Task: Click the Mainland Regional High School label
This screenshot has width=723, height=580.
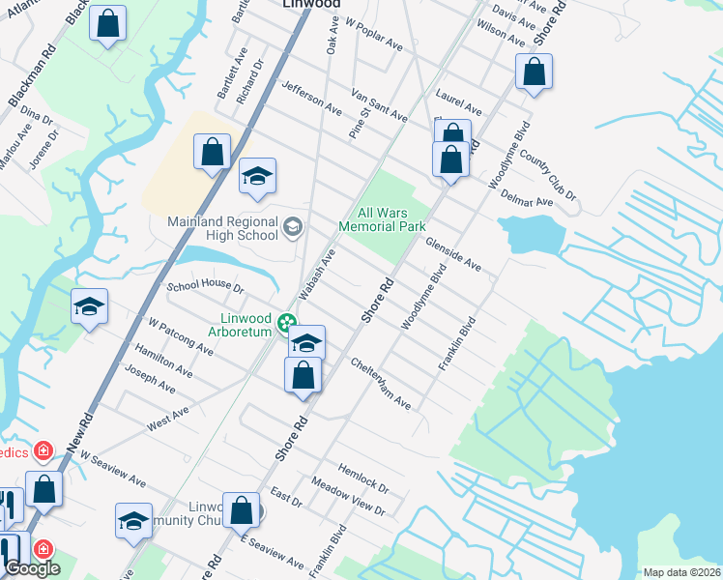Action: pos(222,228)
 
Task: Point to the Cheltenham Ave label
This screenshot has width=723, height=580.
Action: pos(381,384)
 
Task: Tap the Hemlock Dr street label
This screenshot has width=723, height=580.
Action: pos(364,478)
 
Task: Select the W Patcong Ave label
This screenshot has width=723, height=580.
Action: pos(180,334)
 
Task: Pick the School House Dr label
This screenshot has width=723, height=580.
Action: pos(205,286)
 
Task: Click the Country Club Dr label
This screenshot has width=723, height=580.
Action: pos(547,174)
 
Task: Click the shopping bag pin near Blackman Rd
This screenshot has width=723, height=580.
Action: pos(108,23)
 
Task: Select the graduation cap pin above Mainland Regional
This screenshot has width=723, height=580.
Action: pos(257,177)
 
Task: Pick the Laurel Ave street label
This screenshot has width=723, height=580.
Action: pos(458,101)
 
